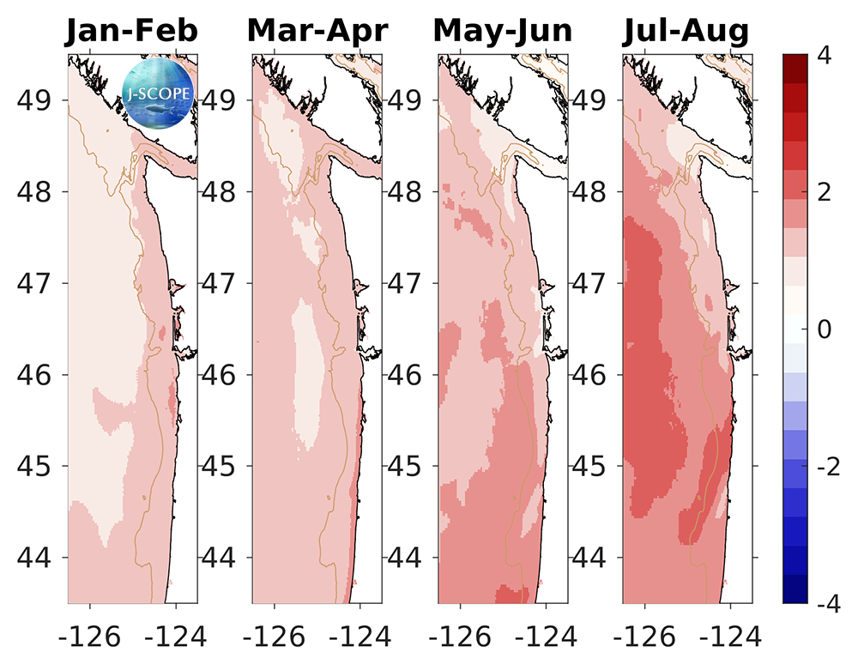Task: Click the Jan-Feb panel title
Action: coord(132,31)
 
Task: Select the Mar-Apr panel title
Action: coord(317,31)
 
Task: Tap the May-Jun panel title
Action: coord(503,31)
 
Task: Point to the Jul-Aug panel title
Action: coord(686,31)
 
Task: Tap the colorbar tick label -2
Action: coord(822,468)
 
